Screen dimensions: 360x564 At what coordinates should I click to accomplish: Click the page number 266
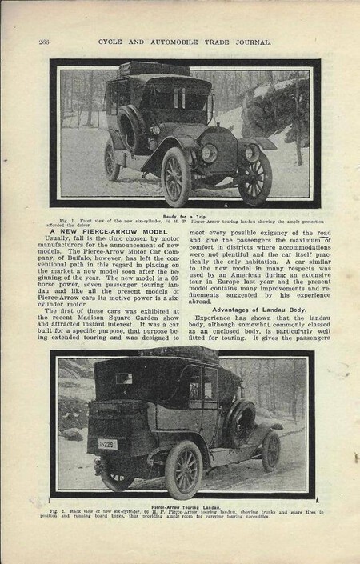(x=46, y=42)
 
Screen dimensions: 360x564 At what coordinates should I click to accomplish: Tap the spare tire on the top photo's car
(x=132, y=128)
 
